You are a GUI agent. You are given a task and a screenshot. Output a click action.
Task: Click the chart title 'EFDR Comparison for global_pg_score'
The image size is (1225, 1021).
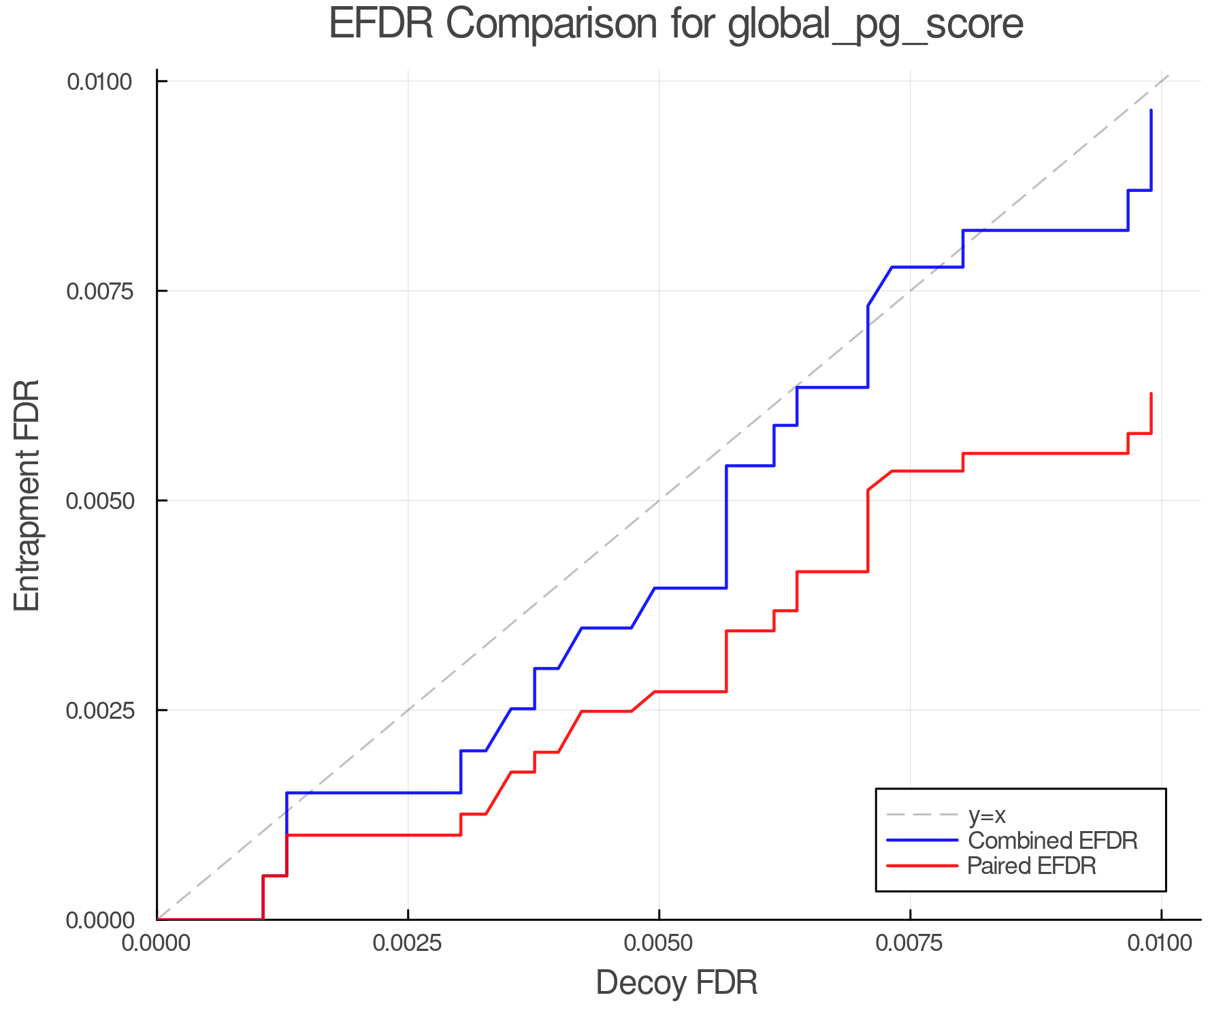(676, 25)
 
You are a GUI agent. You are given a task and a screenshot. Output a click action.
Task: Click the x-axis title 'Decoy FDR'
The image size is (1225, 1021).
(676, 983)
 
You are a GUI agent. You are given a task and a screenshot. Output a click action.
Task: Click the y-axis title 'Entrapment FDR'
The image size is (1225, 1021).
(28, 496)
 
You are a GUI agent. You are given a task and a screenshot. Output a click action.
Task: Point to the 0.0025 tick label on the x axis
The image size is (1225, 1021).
(408, 943)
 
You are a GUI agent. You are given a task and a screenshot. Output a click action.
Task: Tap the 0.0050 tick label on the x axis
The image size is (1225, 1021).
(659, 943)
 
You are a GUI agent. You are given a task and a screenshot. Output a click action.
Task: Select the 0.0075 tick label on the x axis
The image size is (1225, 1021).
(910, 943)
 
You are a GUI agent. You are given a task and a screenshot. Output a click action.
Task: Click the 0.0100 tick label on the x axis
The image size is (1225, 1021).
(1161, 943)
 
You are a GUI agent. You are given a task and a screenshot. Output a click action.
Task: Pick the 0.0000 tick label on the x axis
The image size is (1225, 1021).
(157, 943)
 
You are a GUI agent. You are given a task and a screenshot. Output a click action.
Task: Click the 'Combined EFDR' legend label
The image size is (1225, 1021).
(1052, 841)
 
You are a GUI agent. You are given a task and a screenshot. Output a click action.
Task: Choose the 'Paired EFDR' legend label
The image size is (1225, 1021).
(1032, 866)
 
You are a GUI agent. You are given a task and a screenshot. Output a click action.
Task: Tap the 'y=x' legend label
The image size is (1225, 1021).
(987, 815)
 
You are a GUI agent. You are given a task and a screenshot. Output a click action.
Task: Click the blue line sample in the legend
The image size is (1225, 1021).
(922, 841)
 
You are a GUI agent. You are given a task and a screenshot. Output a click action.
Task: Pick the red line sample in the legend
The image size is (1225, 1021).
(922, 866)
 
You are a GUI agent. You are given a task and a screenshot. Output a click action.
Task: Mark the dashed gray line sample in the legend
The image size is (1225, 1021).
(922, 815)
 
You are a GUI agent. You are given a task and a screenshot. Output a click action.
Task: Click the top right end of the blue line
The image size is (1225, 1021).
(1151, 110)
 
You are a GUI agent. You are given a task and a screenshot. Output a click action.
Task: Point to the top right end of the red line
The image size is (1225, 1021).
(1151, 394)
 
